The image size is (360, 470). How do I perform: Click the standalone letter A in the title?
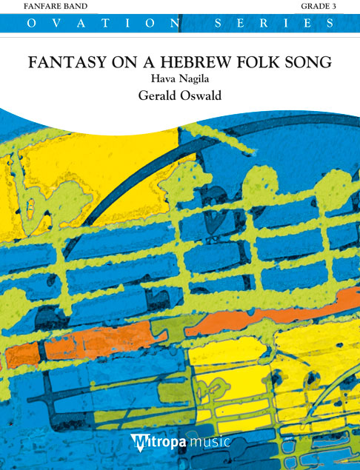point(144,63)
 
